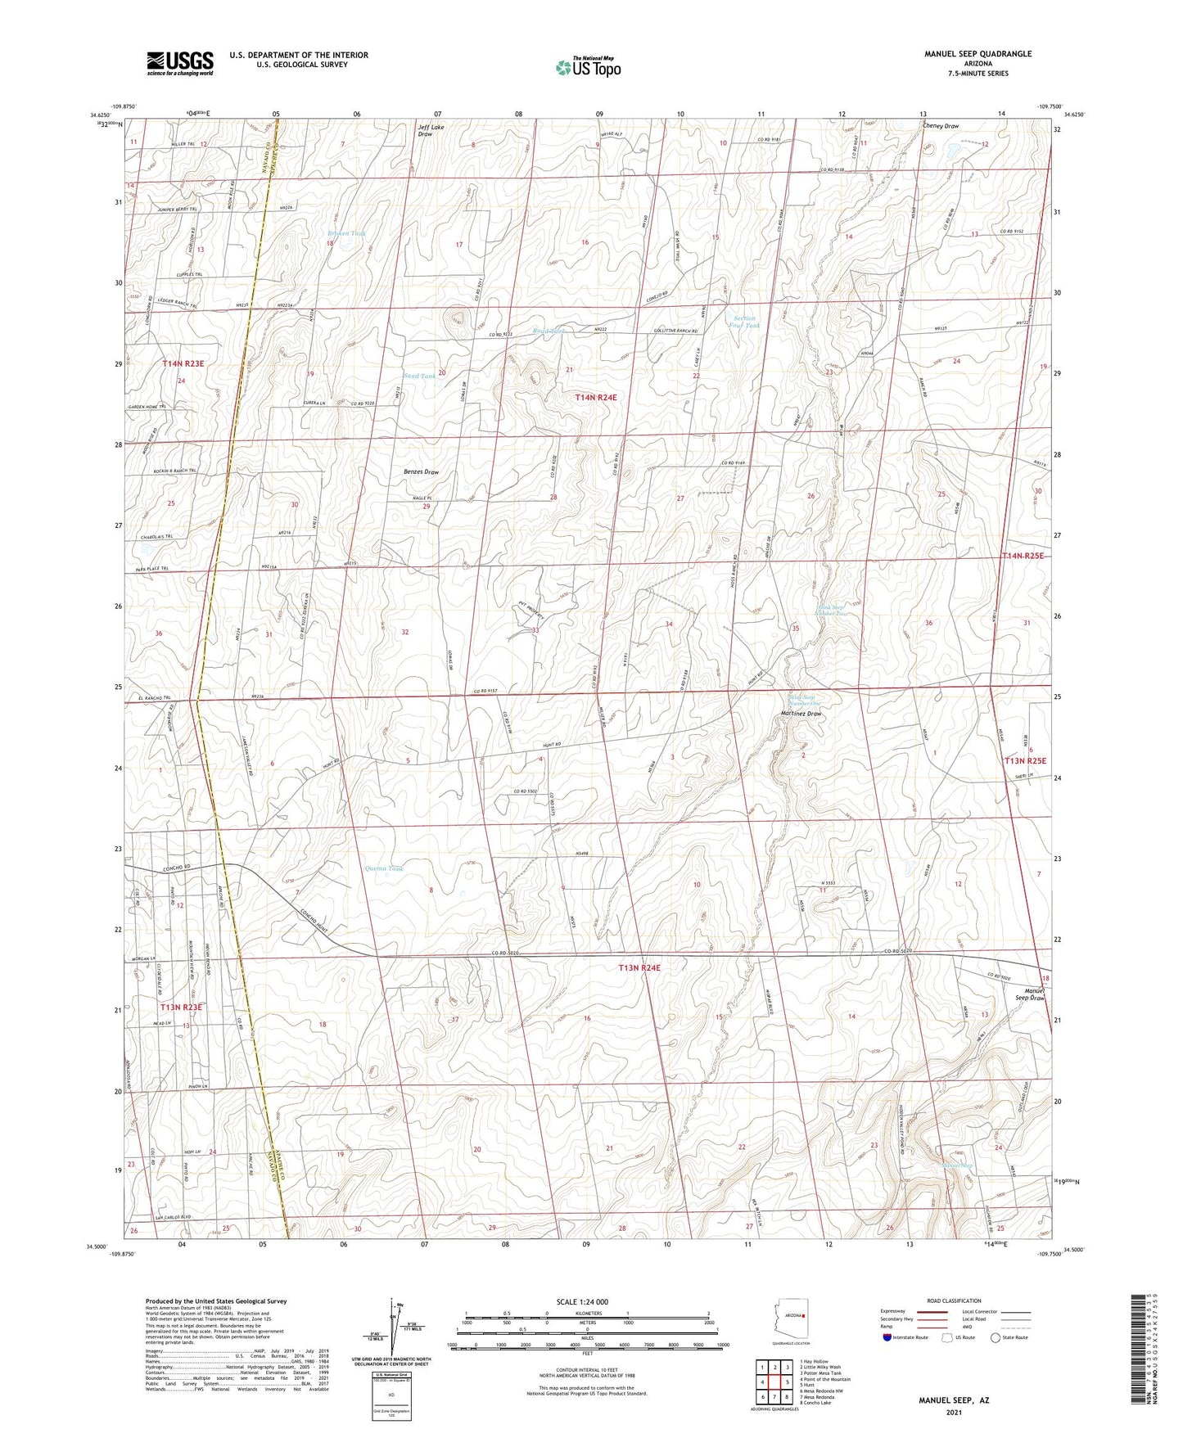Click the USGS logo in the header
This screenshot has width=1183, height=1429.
pos(179,63)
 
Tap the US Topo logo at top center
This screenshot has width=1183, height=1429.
pos(587,67)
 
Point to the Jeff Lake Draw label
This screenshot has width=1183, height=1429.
pos(431,130)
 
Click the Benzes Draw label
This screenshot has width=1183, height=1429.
pos(421,472)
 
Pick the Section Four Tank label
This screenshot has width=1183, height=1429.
pos(744,322)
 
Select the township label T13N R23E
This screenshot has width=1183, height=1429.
pos(181,1007)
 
